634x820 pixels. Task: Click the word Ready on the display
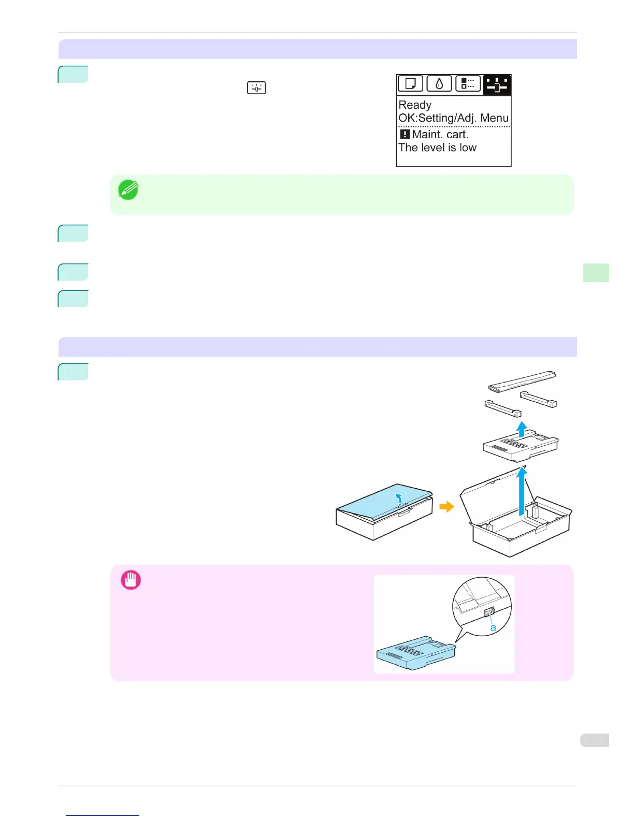415,105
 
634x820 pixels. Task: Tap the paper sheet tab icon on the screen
410,84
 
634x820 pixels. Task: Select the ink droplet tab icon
439,84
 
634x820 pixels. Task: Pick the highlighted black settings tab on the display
497,85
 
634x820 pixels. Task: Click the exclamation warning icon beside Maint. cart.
405,134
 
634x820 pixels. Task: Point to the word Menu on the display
494,118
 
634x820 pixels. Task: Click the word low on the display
468,148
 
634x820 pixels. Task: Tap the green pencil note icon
128,190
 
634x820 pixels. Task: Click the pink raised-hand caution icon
131,580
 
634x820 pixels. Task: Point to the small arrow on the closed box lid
398,498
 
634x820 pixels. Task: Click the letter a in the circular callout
493,627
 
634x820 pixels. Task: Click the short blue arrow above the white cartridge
522,429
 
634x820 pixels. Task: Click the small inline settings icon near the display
256,88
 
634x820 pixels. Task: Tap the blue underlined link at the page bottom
103,815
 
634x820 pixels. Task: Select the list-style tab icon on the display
468,84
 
